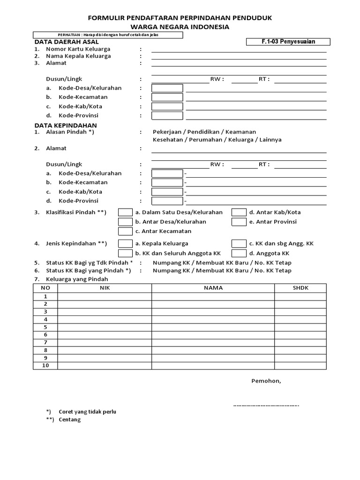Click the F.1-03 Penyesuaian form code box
tap(288, 42)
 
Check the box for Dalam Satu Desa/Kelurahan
tap(125, 212)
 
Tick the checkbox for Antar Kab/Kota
tap(239, 212)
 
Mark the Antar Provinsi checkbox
tap(239, 222)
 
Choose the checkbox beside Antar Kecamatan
tap(125, 231)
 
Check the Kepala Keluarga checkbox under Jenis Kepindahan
tap(125, 243)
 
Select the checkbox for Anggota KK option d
tap(239, 253)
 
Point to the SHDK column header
tap(300, 288)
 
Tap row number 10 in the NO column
tap(45, 366)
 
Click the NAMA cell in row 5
tap(213, 327)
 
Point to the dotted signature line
tap(266, 405)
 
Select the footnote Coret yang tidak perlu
tap(87, 412)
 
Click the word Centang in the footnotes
tap(70, 420)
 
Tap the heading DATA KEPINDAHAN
tap(66, 125)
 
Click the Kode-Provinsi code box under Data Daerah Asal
tap(167, 115)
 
